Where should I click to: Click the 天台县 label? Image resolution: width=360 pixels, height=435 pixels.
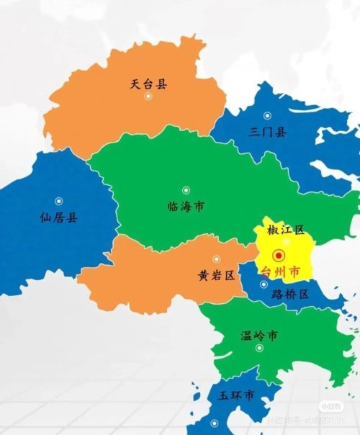[x=148, y=84]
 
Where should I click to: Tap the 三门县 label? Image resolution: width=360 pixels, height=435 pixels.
[x=267, y=132]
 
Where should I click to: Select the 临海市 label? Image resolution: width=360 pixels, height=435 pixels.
[x=185, y=207]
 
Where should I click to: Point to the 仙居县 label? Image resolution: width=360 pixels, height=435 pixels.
[x=58, y=217]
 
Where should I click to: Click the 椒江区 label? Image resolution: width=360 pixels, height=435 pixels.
[x=286, y=230]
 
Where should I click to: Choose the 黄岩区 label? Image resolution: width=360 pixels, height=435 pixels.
[x=216, y=275]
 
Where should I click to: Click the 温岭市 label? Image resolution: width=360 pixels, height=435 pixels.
[x=259, y=336]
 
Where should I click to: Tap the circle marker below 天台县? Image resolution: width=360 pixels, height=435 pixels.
[x=148, y=97]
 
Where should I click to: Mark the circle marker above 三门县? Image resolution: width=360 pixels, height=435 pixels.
[x=267, y=115]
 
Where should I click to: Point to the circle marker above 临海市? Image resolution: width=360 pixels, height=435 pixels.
[x=186, y=190]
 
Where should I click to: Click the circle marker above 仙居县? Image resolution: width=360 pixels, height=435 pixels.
[x=59, y=201]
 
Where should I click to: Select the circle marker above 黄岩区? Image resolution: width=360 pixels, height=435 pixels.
[x=216, y=259]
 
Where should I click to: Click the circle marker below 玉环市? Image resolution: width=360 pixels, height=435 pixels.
[x=213, y=423]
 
